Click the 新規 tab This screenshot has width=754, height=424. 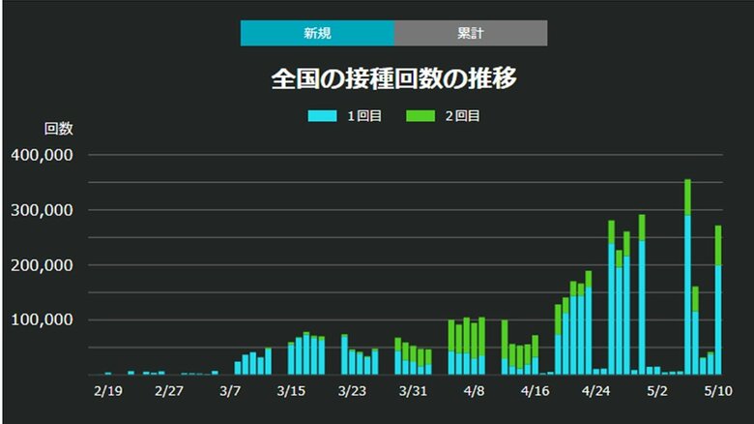tap(317, 33)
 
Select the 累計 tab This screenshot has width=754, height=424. tap(471, 33)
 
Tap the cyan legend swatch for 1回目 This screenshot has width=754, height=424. tap(322, 116)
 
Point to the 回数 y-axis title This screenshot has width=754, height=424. tap(59, 128)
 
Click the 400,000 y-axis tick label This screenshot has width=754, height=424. tap(47, 155)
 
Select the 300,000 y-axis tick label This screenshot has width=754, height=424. tap(47, 210)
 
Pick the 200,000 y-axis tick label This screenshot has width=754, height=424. tap(47, 265)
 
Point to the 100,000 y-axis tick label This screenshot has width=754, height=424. tap(47, 320)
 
